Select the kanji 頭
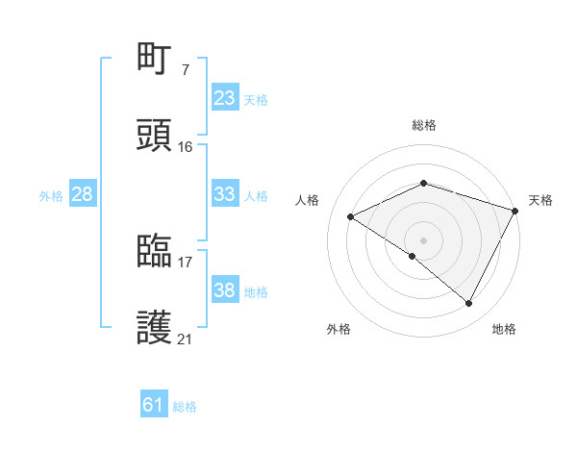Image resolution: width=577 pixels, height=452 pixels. tap(155, 136)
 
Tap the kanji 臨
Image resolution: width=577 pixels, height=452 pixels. tap(155, 251)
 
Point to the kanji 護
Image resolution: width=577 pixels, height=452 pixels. tap(155, 328)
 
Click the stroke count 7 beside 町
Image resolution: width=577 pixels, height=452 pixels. tap(185, 69)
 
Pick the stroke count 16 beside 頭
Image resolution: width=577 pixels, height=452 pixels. tap(186, 146)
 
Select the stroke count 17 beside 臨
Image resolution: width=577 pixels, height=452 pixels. tap(186, 262)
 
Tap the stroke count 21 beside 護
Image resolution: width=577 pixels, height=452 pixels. tap(186, 339)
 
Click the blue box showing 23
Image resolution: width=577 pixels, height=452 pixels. tap(225, 97)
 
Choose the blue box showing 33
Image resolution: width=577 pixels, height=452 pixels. tap(225, 193)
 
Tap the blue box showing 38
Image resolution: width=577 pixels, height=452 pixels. tap(225, 290)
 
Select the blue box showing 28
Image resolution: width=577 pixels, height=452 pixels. tap(83, 194)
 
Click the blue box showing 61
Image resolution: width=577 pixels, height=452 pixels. tap(154, 405)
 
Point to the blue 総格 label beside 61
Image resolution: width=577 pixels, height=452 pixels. tap(185, 407)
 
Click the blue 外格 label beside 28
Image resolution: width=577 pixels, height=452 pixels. tap(51, 196)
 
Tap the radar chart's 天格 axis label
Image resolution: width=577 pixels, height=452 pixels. tap(540, 200)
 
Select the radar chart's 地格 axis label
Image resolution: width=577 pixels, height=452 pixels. tap(504, 330)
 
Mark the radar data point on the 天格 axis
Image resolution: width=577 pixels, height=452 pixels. tap(516, 211)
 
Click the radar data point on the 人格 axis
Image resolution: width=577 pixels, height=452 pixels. tap(351, 217)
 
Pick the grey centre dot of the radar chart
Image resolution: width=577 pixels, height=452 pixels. tap(423, 239)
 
